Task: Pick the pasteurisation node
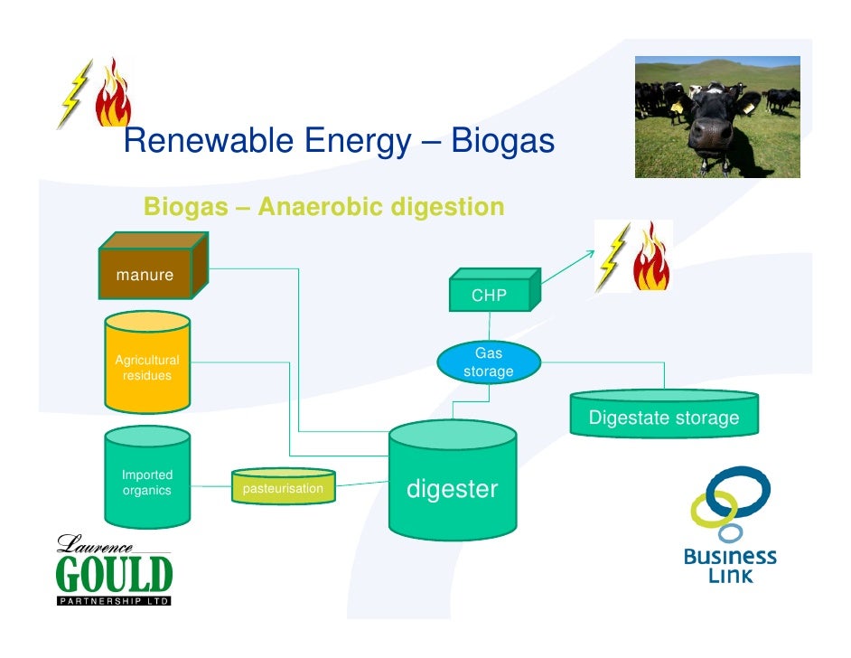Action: (283, 489)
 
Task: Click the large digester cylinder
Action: (453, 484)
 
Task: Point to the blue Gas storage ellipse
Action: (489, 363)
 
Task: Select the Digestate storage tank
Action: (664, 414)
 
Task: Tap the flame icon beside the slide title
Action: (116, 92)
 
